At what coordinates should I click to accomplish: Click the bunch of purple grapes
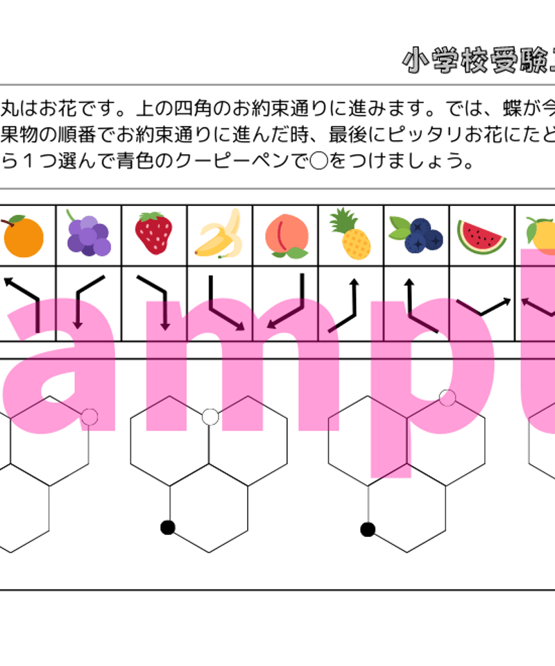pyautogui.click(x=88, y=233)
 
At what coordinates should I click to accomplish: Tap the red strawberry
pyautogui.click(x=154, y=233)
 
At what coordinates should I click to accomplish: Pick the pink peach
pyautogui.click(x=285, y=234)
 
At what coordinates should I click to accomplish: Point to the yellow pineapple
pyautogui.click(x=350, y=234)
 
